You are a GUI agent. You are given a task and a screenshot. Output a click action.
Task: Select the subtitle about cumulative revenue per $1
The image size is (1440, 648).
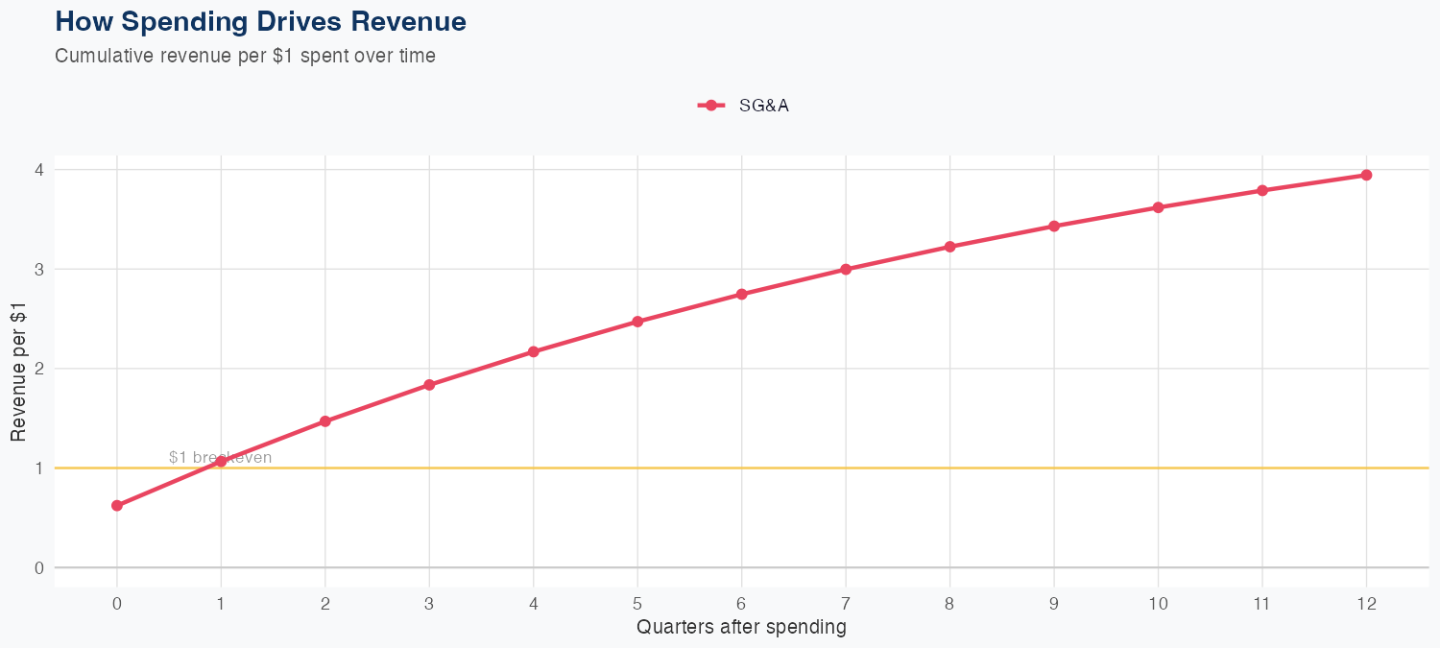coord(246,56)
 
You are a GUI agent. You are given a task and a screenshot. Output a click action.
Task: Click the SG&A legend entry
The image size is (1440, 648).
coord(744,106)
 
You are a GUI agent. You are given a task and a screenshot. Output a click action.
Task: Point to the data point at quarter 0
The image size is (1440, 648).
coord(117,506)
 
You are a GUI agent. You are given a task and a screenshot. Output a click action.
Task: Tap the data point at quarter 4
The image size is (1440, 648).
coord(534,352)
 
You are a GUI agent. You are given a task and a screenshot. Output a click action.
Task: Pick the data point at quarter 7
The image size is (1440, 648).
coord(846,270)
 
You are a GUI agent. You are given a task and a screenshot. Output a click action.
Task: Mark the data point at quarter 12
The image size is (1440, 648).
coord(1366,175)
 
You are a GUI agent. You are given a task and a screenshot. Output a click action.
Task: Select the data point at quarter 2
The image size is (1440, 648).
coord(325,421)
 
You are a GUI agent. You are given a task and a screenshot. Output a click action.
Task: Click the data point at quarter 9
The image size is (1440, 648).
coord(1054,227)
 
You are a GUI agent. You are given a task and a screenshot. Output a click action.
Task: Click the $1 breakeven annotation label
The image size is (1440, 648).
coord(220,457)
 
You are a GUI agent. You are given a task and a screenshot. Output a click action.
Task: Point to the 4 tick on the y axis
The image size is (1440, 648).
coord(39,170)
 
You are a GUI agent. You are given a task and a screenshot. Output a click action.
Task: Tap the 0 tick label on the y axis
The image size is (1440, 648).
coord(39,567)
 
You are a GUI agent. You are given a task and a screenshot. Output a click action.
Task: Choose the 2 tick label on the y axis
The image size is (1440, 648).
coord(39,369)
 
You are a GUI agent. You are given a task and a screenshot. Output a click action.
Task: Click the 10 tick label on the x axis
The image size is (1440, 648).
coord(1158,604)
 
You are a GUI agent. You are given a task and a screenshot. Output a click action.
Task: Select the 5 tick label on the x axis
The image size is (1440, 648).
coord(637,604)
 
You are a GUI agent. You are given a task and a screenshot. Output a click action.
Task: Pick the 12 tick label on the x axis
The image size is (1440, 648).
coord(1366,604)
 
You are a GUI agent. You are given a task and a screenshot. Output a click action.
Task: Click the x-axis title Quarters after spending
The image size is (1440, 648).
coord(741,628)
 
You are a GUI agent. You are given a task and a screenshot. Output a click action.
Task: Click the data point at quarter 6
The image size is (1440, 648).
coord(742,295)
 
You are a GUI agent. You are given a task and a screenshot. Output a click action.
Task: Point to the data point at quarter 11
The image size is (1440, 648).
coord(1262,191)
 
